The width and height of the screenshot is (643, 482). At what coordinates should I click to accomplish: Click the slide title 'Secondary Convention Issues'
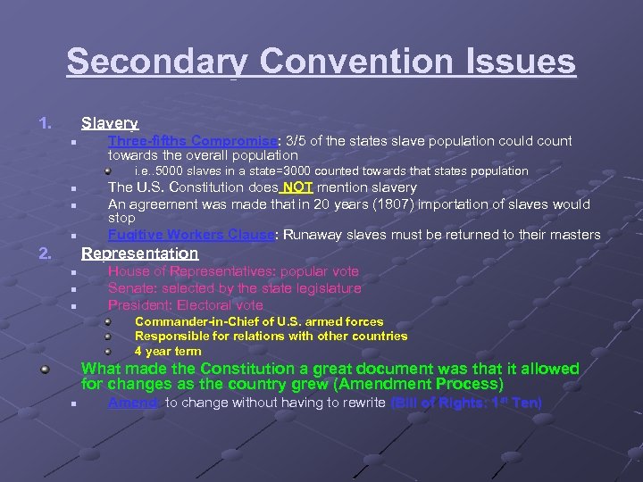[x=321, y=62]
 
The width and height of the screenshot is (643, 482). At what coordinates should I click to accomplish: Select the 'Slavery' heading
[x=109, y=123]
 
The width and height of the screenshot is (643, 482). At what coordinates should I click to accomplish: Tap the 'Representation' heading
[x=139, y=253]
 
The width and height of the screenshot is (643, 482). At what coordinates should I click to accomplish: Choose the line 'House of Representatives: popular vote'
[x=233, y=271]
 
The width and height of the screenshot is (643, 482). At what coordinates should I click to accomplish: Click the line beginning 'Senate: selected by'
[x=234, y=288]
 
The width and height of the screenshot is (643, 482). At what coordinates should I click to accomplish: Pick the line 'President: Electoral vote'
[x=186, y=305]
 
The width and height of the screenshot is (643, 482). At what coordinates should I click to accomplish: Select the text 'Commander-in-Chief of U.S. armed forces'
[x=259, y=321]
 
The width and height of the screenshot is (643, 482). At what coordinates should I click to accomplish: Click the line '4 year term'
[x=168, y=351]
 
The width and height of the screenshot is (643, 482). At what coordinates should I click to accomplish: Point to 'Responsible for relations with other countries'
[x=271, y=337]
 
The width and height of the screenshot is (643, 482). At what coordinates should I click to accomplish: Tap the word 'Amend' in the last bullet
[x=134, y=403]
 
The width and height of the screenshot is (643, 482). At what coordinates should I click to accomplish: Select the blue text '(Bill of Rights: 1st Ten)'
[x=466, y=403]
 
